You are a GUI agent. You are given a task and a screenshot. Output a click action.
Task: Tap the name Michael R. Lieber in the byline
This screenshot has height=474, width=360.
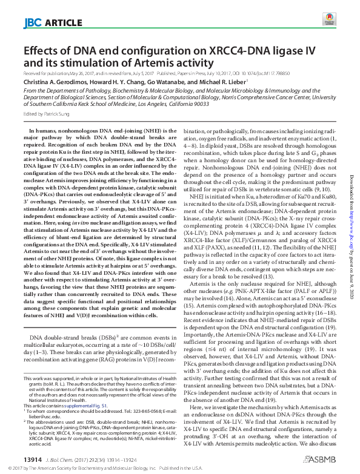point(235,82)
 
